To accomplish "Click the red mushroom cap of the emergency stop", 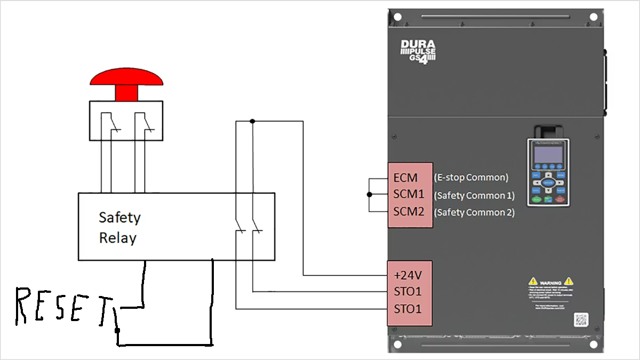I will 126,78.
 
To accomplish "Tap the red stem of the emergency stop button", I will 126,93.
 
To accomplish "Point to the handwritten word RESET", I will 64,308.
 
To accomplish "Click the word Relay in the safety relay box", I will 117,238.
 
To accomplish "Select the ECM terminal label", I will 405,178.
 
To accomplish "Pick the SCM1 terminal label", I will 409,195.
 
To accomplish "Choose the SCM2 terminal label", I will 409,212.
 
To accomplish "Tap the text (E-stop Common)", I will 471,178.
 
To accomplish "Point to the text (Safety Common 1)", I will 474,195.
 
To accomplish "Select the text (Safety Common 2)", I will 474,212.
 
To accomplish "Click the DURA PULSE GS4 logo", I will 418,52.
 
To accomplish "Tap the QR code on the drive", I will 580,319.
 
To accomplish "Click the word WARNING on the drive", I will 550,282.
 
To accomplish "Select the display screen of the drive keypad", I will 548,154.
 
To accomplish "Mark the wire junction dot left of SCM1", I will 369,195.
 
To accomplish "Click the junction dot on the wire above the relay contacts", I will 252,121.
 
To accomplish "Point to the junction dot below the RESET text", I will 117,331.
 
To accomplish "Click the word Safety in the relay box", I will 119,218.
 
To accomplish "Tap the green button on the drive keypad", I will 535,199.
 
